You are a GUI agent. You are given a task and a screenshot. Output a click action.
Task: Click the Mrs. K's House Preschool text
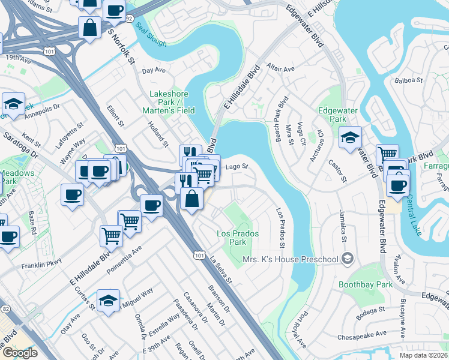click(x=291, y=259)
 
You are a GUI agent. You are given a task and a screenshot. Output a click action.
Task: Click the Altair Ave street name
click(x=281, y=69)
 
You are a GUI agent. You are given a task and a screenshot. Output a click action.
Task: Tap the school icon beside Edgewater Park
click(x=350, y=139)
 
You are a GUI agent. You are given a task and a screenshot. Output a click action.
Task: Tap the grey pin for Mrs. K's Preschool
click(x=346, y=259)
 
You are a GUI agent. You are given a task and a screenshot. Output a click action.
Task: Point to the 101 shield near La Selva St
click(x=199, y=256)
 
